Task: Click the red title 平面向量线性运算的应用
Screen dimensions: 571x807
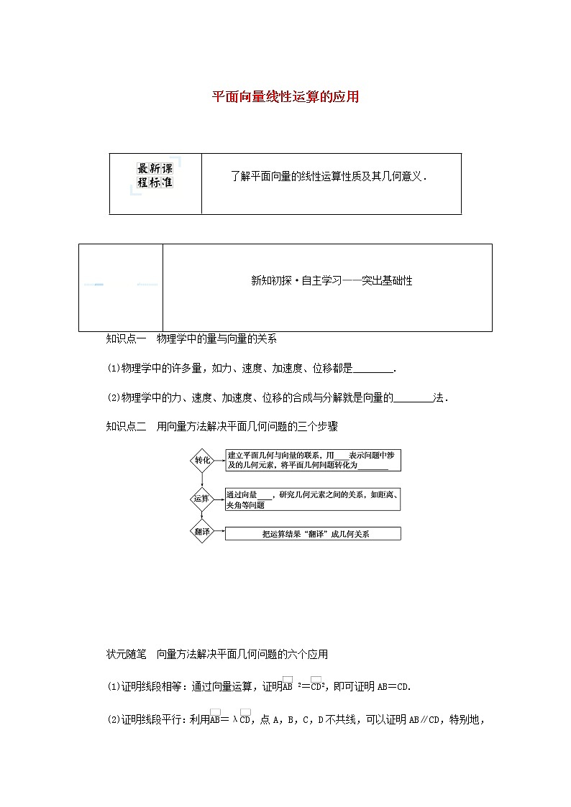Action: pyautogui.click(x=285, y=97)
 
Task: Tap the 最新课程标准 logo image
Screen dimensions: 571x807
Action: pyautogui.click(x=155, y=175)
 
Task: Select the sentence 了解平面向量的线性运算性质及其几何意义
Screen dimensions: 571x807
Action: pyautogui.click(x=329, y=176)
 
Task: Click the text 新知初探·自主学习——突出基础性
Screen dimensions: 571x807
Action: pyautogui.click(x=332, y=281)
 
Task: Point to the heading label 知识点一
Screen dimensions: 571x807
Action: pyautogui.click(x=126, y=339)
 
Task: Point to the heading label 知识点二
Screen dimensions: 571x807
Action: pyautogui.click(x=126, y=426)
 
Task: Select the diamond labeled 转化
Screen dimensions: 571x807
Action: pyautogui.click(x=202, y=460)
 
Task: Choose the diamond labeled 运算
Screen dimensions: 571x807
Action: pyautogui.click(x=202, y=498)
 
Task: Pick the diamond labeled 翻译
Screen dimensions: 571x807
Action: pyautogui.click(x=202, y=532)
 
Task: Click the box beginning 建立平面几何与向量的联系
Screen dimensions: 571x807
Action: pyautogui.click(x=313, y=460)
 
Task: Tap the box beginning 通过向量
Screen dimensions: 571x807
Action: pyautogui.click(x=313, y=499)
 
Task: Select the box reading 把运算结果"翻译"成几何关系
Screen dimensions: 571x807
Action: pyautogui.click(x=313, y=534)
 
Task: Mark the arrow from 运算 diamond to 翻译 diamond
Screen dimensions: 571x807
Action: pyautogui.click(x=202, y=515)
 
